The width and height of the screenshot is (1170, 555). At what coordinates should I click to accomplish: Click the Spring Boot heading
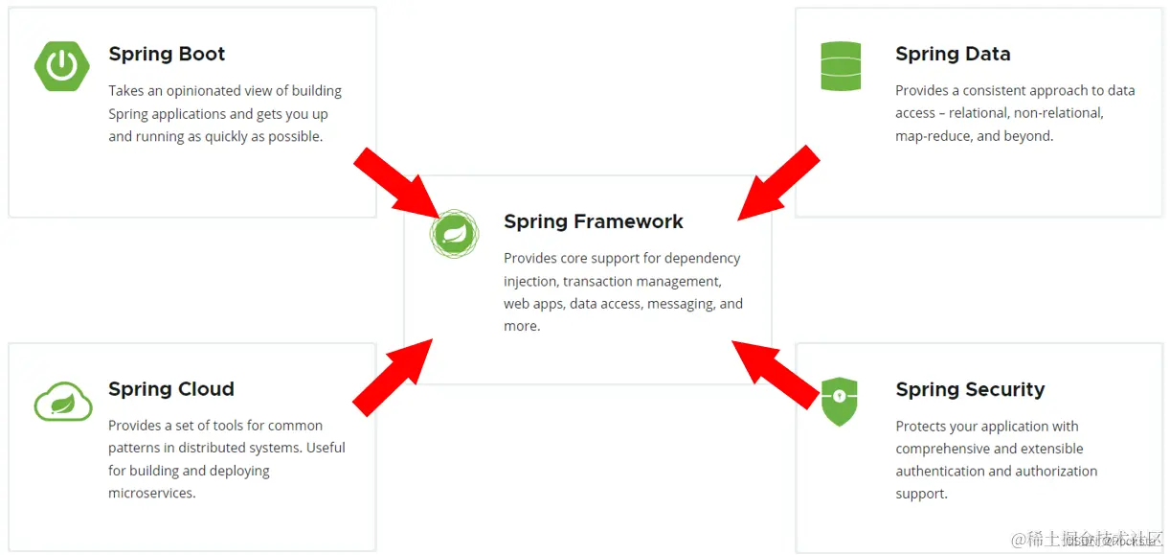(167, 55)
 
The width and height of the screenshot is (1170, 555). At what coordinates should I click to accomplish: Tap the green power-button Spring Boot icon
(62, 65)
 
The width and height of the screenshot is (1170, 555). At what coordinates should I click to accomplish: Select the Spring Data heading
(953, 55)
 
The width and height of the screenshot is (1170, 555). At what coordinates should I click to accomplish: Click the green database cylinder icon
(841, 66)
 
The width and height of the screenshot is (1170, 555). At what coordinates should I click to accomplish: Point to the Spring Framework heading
(594, 221)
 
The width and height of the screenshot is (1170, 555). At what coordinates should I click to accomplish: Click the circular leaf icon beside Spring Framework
(454, 234)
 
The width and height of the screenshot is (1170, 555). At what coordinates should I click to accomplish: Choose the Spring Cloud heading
(171, 389)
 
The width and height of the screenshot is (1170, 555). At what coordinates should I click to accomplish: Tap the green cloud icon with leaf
(63, 401)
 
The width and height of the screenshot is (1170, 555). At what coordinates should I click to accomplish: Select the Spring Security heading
(970, 390)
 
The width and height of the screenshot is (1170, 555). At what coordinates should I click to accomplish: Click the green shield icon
(840, 401)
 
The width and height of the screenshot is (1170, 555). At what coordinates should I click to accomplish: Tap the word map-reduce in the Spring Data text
(934, 136)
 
